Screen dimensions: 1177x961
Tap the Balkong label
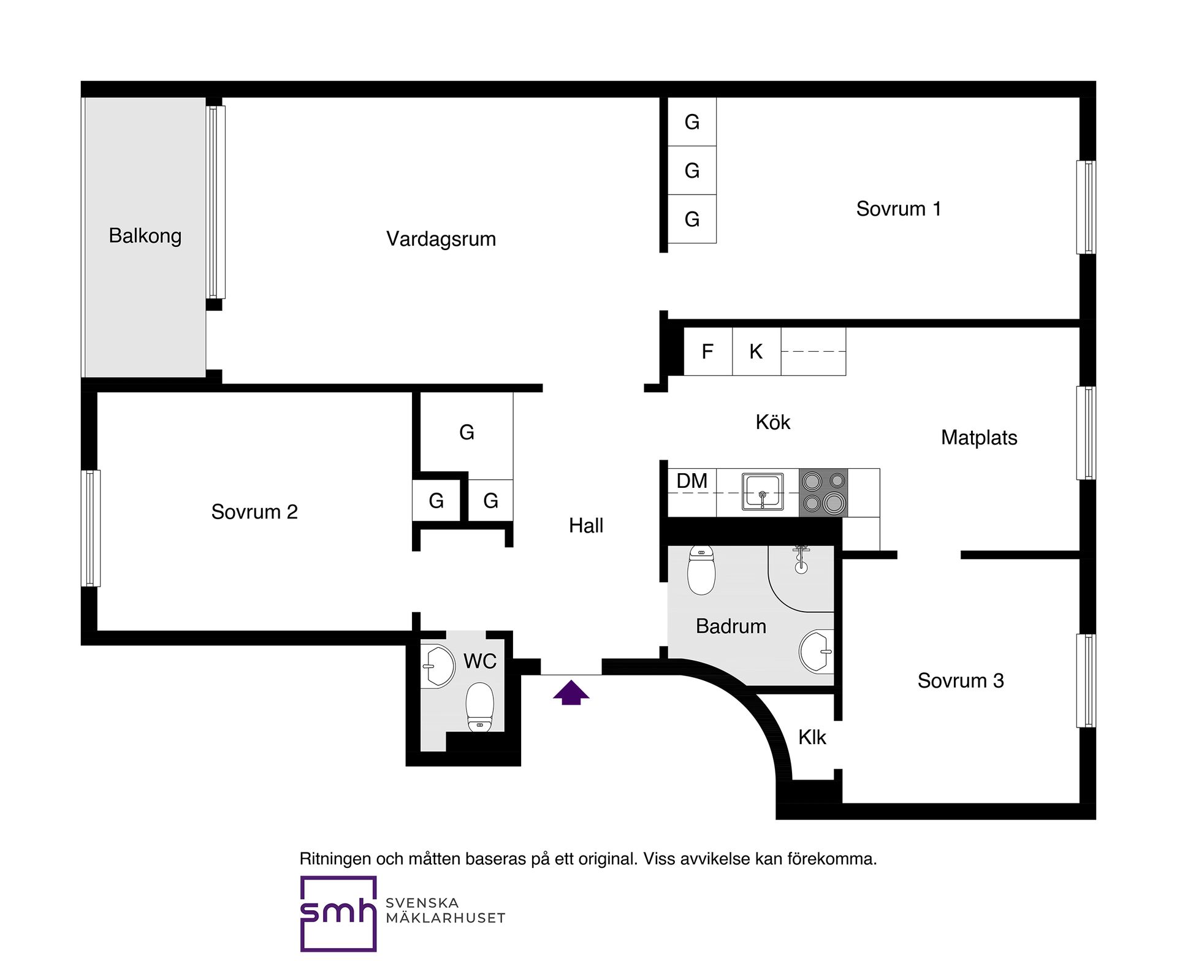click(x=145, y=236)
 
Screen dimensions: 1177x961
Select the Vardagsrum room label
click(x=441, y=239)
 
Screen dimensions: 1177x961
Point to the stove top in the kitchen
click(x=823, y=493)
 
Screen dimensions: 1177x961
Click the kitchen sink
click(x=763, y=492)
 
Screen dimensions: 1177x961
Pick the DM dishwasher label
click(x=692, y=481)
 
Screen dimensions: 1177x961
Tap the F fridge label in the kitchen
click(x=707, y=352)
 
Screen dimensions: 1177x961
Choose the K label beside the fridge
click(x=756, y=352)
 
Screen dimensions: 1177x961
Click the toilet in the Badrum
click(x=701, y=570)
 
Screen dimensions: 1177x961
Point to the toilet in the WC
click(x=480, y=708)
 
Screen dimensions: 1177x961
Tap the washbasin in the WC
click(x=438, y=666)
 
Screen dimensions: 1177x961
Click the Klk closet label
click(x=812, y=737)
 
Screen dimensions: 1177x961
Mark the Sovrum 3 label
click(x=961, y=681)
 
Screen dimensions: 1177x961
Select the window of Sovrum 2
click(x=91, y=528)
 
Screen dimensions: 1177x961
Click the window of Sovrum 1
click(x=1086, y=207)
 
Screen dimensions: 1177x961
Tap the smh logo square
click(x=338, y=914)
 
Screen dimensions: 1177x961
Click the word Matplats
click(x=979, y=438)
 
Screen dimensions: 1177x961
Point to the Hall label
click(x=586, y=526)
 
